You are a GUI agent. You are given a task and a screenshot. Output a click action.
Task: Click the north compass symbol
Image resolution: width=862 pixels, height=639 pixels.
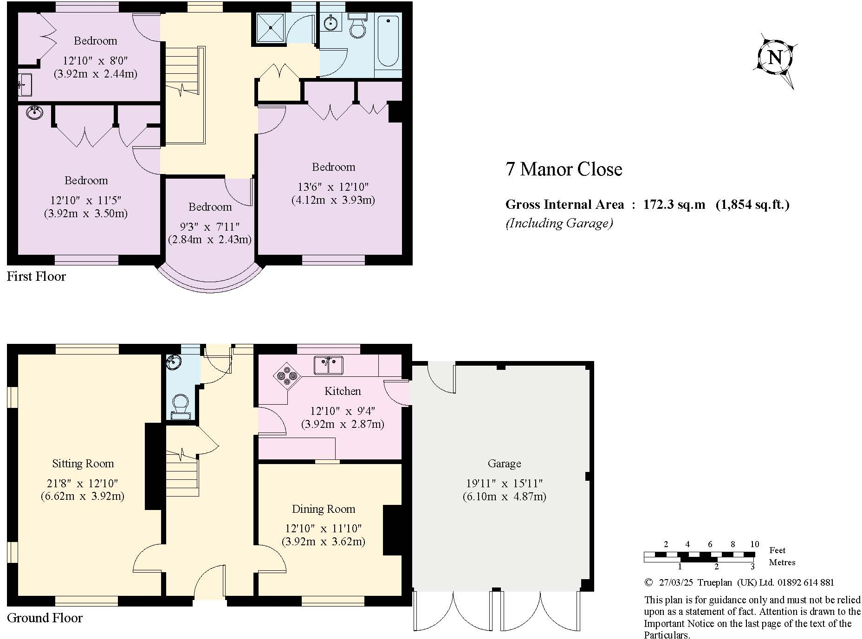point(775,58)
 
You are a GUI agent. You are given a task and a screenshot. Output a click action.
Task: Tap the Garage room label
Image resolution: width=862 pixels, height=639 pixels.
point(504,464)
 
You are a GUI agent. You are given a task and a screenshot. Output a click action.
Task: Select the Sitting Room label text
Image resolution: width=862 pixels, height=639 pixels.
point(83,464)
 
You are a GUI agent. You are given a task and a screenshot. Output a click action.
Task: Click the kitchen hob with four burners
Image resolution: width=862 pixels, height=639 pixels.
point(287,374)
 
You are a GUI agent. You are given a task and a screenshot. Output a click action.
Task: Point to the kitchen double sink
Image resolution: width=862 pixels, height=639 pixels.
point(328,365)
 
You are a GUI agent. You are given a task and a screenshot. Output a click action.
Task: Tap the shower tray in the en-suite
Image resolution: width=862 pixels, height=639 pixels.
point(269,27)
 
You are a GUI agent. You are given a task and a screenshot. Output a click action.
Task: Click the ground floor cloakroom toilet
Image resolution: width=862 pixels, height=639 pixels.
point(180,406)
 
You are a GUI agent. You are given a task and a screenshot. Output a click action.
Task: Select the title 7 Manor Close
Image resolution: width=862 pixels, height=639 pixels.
point(564,169)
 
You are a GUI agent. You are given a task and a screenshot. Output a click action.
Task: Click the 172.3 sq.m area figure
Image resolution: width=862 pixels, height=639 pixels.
point(674,205)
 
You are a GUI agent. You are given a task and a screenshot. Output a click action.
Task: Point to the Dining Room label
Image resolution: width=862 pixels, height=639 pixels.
point(324,509)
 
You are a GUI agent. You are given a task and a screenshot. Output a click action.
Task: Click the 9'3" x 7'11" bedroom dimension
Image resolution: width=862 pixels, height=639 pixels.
point(210,227)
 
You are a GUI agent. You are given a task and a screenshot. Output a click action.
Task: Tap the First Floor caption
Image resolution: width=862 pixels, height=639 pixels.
point(36,277)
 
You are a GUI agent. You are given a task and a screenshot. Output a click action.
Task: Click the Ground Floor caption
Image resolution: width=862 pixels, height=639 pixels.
point(45,618)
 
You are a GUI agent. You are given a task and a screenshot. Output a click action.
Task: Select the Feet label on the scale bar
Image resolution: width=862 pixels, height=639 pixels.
point(777,550)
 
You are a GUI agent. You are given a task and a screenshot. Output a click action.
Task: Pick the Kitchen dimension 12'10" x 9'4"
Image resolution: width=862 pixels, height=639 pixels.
point(343,411)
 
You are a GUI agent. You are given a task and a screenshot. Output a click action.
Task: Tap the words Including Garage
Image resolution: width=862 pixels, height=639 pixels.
point(559,223)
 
